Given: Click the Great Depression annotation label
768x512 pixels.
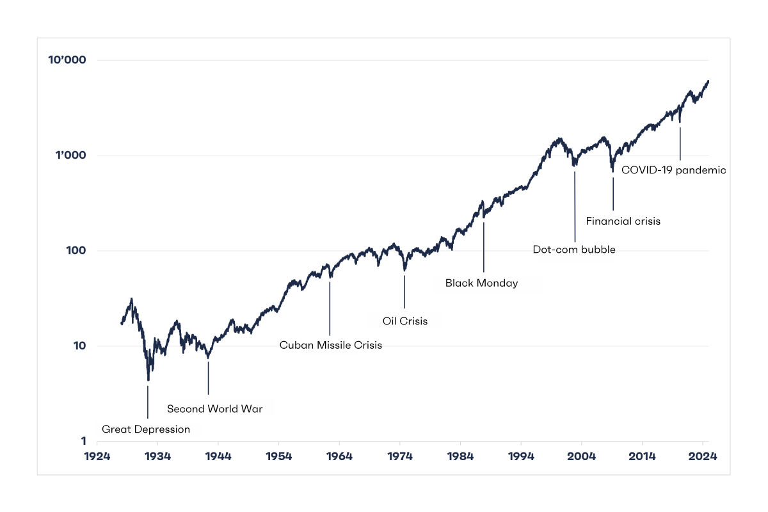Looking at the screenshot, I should point(146,429).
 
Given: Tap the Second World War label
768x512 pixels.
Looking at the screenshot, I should point(215,409).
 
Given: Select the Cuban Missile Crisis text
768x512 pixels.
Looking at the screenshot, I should point(330,346).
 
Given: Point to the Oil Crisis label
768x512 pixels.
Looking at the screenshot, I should point(404,321).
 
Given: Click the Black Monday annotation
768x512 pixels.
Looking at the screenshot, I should point(481,283).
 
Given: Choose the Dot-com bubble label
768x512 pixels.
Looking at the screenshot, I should point(574,250).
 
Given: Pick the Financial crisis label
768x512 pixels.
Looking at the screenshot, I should point(623,221).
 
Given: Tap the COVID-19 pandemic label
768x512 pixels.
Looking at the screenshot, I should point(674,170).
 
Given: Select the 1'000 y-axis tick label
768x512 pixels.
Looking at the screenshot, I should point(71,156).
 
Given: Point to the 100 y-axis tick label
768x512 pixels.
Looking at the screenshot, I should point(76,251).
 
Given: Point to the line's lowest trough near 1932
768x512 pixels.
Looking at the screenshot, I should point(148,380).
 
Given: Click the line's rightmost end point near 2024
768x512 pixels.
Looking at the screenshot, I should point(708,81).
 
